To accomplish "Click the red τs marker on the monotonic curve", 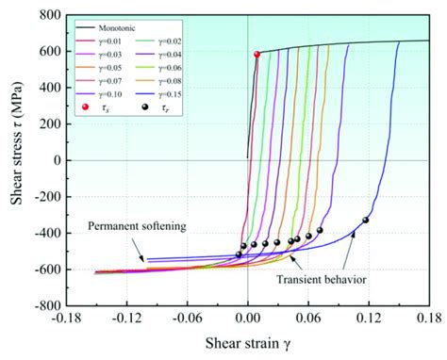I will coord(257,55).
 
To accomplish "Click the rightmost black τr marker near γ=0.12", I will coord(365,221).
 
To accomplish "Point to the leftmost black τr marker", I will coord(239,254).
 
